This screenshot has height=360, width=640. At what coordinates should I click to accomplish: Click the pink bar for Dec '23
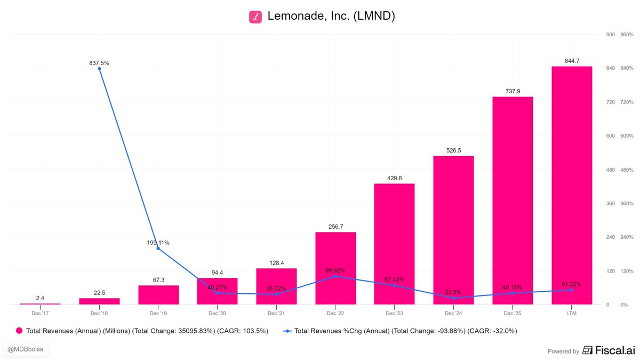(394, 244)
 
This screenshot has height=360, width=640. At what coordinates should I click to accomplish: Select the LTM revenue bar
(572, 186)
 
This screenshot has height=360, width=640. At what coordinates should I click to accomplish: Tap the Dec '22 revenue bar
(335, 268)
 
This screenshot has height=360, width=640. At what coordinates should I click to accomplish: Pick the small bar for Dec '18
(99, 301)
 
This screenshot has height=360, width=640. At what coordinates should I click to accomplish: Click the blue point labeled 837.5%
(99, 69)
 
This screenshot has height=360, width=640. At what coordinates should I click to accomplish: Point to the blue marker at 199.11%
(158, 249)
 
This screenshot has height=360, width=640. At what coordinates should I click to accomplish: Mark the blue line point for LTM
(571, 290)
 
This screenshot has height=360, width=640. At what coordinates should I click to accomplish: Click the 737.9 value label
(513, 91)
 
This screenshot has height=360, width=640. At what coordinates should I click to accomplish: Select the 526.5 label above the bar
(454, 150)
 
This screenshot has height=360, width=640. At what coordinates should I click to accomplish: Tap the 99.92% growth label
(335, 270)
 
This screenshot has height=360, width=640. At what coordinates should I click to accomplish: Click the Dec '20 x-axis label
(217, 313)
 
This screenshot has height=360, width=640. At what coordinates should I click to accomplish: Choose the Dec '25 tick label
(513, 313)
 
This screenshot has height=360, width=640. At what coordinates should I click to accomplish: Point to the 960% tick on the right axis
(627, 35)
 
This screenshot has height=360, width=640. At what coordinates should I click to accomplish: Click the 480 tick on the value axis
(611, 170)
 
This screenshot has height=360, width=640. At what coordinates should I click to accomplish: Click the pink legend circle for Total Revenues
(19, 331)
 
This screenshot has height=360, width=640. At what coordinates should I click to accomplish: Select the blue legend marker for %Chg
(287, 331)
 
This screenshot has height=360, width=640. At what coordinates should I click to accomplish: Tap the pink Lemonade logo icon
(255, 17)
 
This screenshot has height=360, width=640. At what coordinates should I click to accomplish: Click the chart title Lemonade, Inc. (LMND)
(331, 16)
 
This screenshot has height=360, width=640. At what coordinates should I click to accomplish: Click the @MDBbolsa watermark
(26, 349)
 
